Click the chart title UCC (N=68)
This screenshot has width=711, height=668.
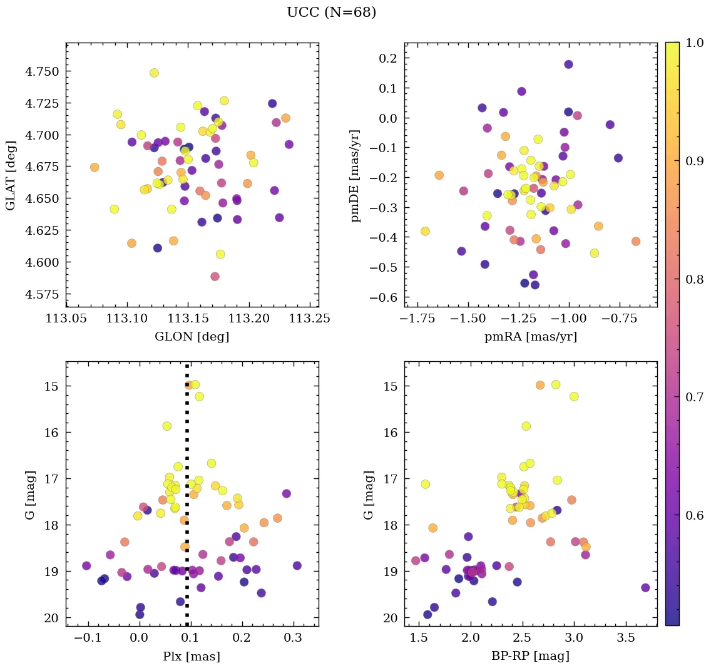point(331,13)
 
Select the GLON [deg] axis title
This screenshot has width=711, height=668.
point(192,337)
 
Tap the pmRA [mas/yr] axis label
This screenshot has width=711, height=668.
point(531,337)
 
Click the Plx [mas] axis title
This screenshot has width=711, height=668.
point(192,656)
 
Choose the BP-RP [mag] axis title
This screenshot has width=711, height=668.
point(531,656)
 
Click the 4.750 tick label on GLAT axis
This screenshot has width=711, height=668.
point(42,71)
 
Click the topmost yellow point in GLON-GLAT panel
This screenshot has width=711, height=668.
point(154,73)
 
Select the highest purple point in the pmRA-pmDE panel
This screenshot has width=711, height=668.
point(568,64)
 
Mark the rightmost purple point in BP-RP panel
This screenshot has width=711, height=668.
point(645,587)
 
